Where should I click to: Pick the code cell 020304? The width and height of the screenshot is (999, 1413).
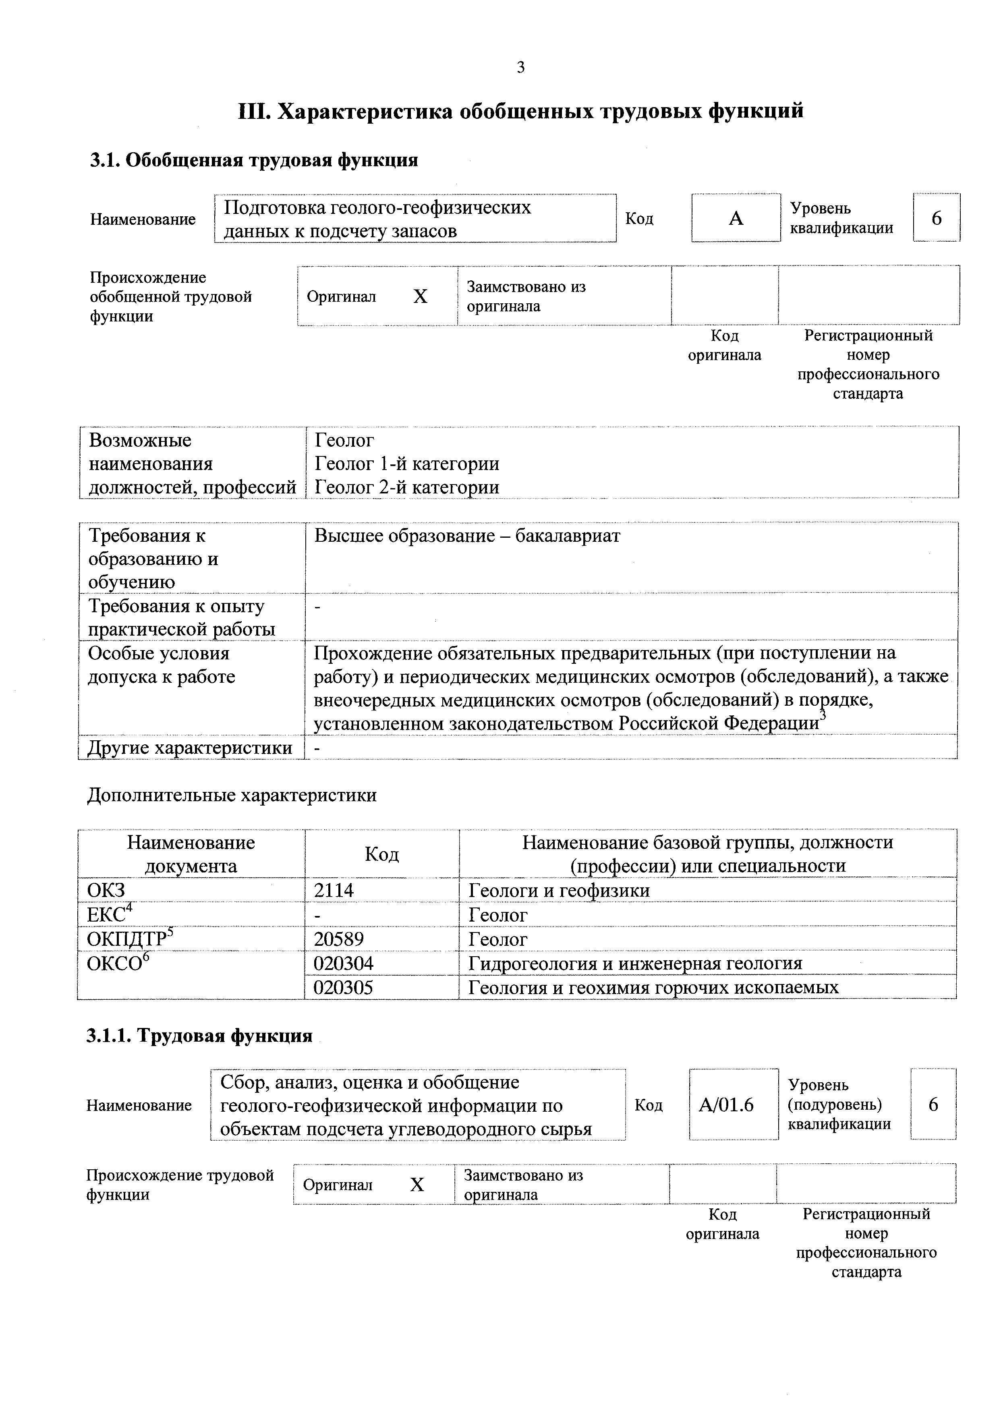pyautogui.click(x=344, y=963)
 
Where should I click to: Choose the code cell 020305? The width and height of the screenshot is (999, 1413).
pyautogui.click(x=344, y=987)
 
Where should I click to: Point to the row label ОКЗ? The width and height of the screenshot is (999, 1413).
pyautogui.click(x=106, y=891)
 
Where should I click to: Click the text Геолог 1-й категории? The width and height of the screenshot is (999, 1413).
pyautogui.click(x=407, y=463)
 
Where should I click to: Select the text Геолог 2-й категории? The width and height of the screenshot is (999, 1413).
pyautogui.click(x=407, y=487)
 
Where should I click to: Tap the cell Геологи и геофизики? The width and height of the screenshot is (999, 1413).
pyautogui.click(x=559, y=891)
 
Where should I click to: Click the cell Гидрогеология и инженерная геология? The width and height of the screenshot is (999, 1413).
pyautogui.click(x=635, y=963)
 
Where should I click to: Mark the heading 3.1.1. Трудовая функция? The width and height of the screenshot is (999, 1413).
pyautogui.click(x=199, y=1036)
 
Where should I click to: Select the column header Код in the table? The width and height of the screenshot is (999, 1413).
pyautogui.click(x=381, y=854)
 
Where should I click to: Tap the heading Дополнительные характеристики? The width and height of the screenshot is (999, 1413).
pyautogui.click(x=232, y=795)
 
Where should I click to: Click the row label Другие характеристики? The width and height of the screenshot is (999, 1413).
pyautogui.click(x=190, y=748)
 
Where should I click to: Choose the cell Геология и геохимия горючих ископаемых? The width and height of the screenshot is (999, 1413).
pyautogui.click(x=653, y=987)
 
